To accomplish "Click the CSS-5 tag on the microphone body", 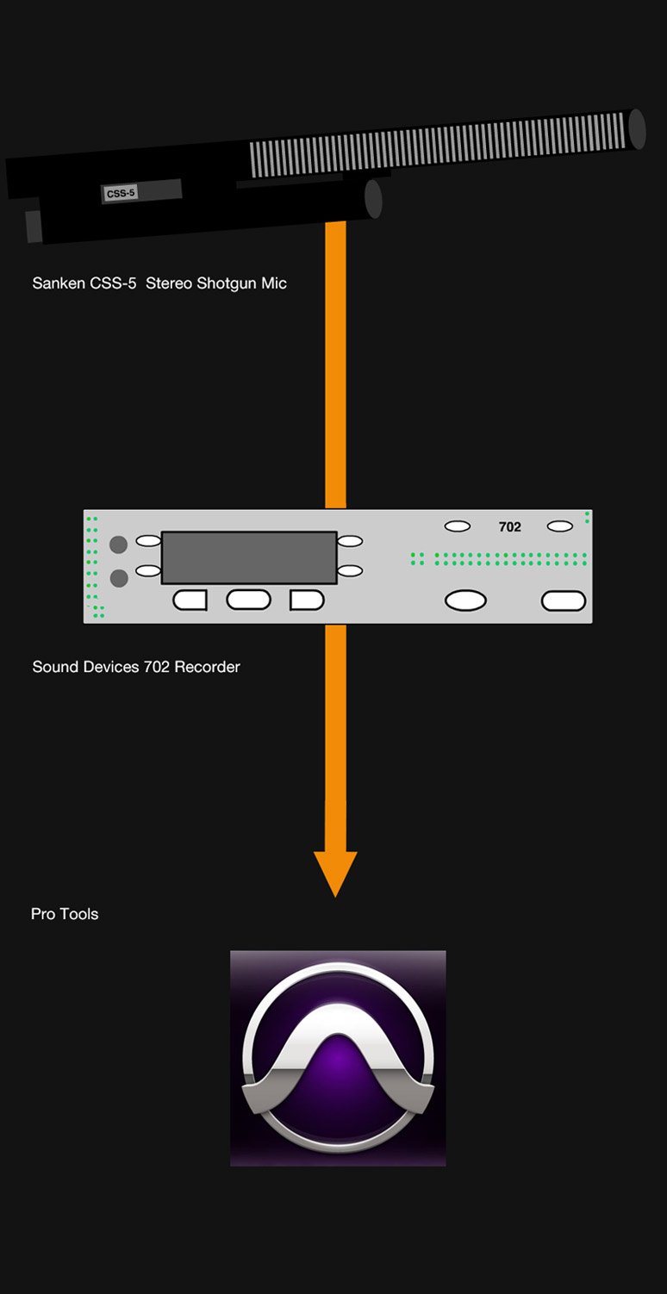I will (121, 194).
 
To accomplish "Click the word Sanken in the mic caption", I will (58, 283).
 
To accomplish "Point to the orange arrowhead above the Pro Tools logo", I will (335, 872).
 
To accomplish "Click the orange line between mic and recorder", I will (335, 362).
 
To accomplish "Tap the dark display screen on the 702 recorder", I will (249, 557).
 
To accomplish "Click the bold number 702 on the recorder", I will (510, 527).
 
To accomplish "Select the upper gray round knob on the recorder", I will (119, 544).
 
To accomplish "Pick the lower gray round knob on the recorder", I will (119, 578).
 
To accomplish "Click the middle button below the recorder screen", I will (248, 600).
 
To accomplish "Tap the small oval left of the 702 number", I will (458, 526).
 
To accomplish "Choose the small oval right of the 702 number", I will (560, 526).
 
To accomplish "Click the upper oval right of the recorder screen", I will (350, 541).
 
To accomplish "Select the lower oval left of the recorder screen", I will (148, 570).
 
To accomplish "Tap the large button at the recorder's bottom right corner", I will (564, 600).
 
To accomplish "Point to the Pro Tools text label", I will (65, 914).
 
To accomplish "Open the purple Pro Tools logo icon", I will (338, 1059).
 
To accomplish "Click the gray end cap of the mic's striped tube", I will (637, 128).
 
